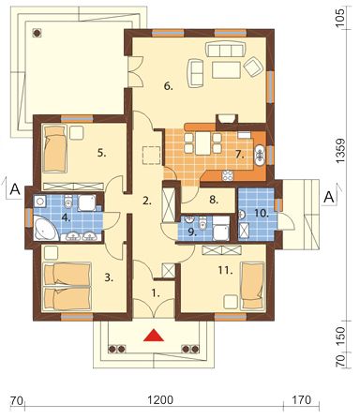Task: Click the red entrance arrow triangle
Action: pyautogui.click(x=154, y=336)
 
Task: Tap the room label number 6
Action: pyautogui.click(x=168, y=87)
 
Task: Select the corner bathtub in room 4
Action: pyautogui.click(x=45, y=230)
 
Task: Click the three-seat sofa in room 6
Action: pyautogui.click(x=225, y=49)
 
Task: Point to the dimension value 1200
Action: pyautogui.click(x=160, y=399)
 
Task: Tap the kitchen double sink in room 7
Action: pyautogui.click(x=260, y=155)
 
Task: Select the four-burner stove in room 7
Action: pyautogui.click(x=228, y=176)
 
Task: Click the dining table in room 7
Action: pyautogui.click(x=203, y=143)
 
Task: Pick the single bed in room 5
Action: pyautogui.click(x=55, y=149)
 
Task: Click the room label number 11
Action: pyautogui.click(x=226, y=270)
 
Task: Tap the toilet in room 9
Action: pyautogui.click(x=203, y=223)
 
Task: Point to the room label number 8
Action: pyautogui.click(x=214, y=200)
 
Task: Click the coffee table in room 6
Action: pyautogui.click(x=226, y=69)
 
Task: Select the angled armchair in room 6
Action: pyautogui.click(x=254, y=67)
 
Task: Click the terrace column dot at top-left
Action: pyautogui.click(x=37, y=33)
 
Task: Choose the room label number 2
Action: pyautogui.click(x=147, y=201)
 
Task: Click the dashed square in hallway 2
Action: pyautogui.click(x=151, y=155)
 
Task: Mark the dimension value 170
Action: pyautogui.click(x=303, y=399)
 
